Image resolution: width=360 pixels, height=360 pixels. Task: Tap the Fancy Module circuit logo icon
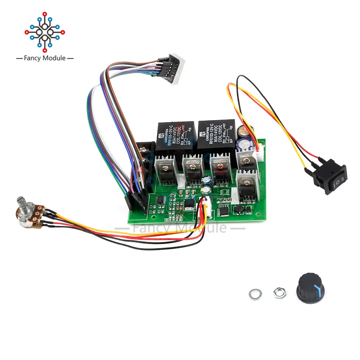tap(45, 31)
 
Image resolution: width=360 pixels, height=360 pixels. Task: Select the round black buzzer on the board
tap(238, 210)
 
